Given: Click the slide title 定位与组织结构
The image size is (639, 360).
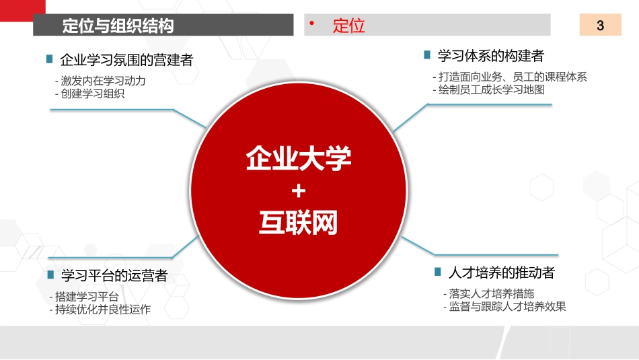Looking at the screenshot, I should point(118,26).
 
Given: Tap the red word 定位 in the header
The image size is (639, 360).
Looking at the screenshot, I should point(348,26).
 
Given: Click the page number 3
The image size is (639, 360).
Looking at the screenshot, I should point(600,26).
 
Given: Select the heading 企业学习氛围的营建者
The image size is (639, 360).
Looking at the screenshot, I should point(126,60).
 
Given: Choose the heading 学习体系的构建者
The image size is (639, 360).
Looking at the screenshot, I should point(490,55).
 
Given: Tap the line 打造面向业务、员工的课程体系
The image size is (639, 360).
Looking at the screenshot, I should point(511,77).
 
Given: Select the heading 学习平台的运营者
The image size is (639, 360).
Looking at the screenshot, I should point(114,275).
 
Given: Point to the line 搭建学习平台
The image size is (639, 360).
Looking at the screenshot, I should point(86,297).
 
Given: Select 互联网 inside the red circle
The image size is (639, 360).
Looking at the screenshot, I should point(299,223).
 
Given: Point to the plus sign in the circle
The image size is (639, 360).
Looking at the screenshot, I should point(299,192).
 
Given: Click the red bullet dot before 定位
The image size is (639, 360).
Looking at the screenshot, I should point(312,24).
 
